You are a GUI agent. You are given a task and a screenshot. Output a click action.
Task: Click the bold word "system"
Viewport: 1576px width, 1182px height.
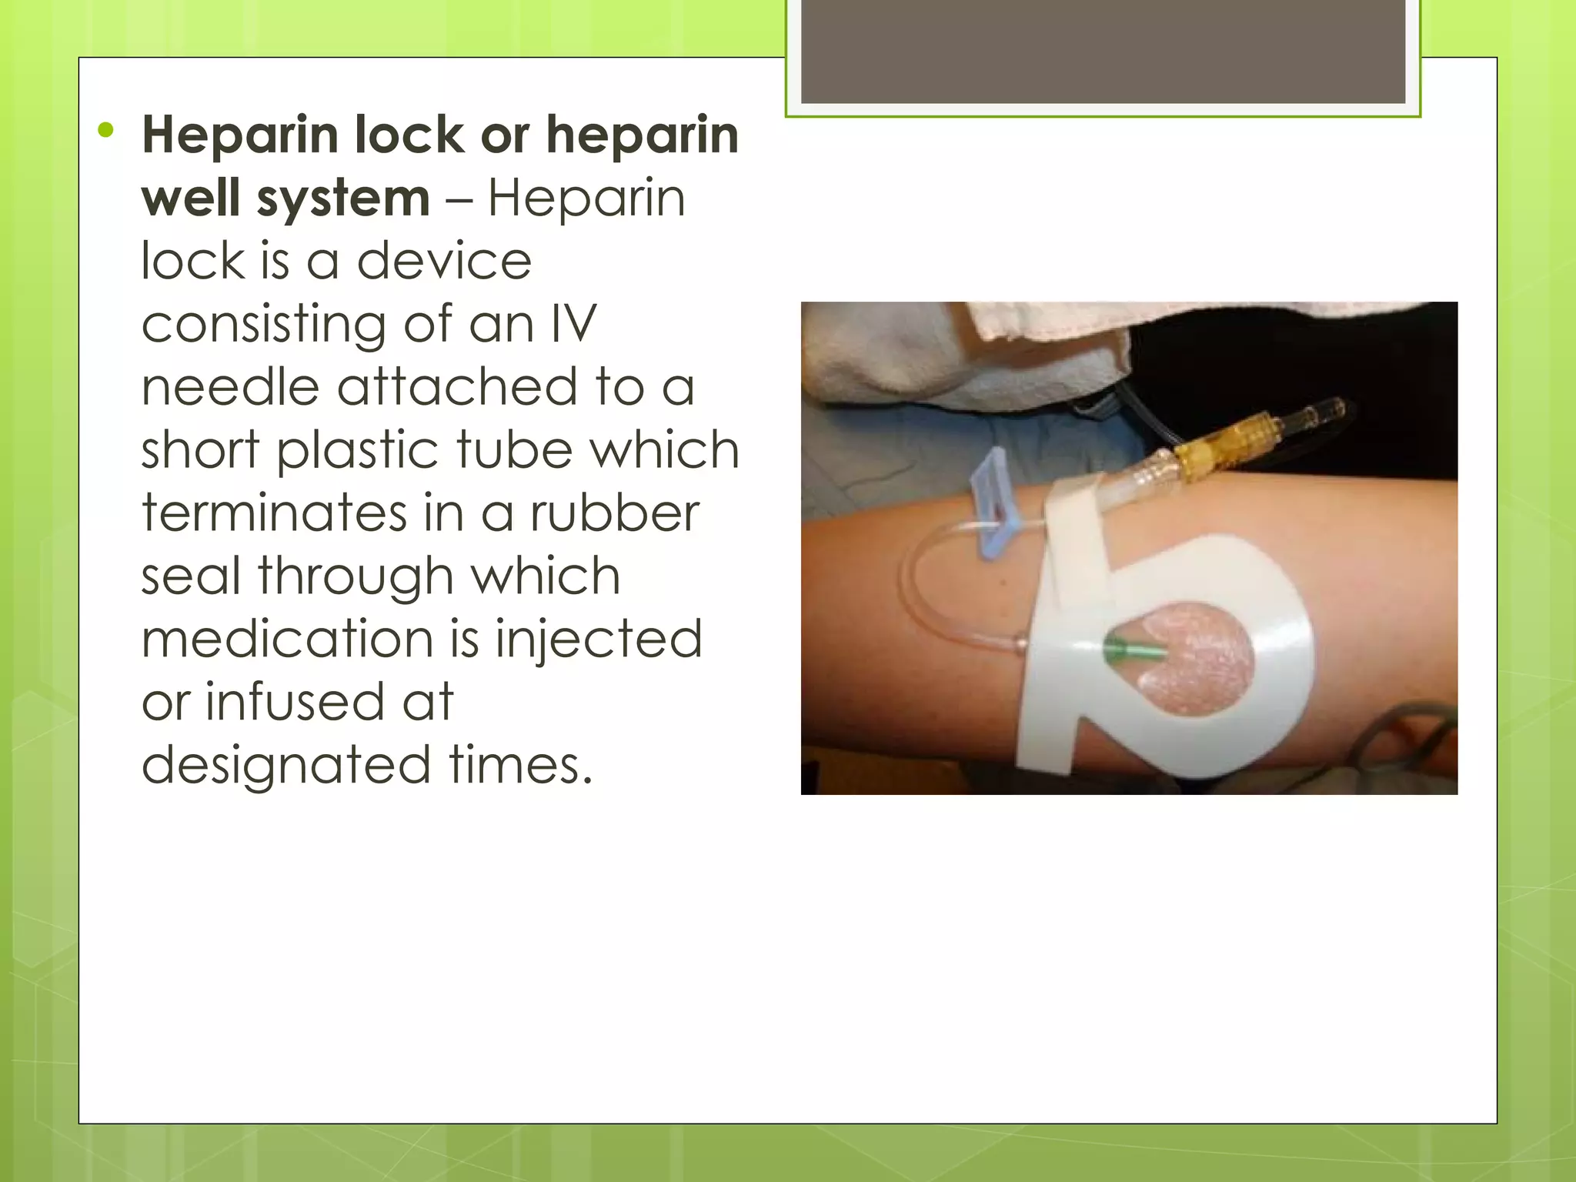(x=343, y=199)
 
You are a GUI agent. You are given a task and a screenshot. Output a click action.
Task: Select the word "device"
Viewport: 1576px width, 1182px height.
(x=444, y=261)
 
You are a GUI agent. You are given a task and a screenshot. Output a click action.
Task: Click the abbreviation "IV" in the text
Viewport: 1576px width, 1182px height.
(x=573, y=324)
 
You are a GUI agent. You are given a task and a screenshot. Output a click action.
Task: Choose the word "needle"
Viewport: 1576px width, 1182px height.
(x=230, y=387)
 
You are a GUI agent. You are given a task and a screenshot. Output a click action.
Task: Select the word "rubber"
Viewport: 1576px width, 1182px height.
(x=615, y=513)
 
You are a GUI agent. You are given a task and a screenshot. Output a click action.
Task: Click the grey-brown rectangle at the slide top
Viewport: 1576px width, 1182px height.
(x=1103, y=52)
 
